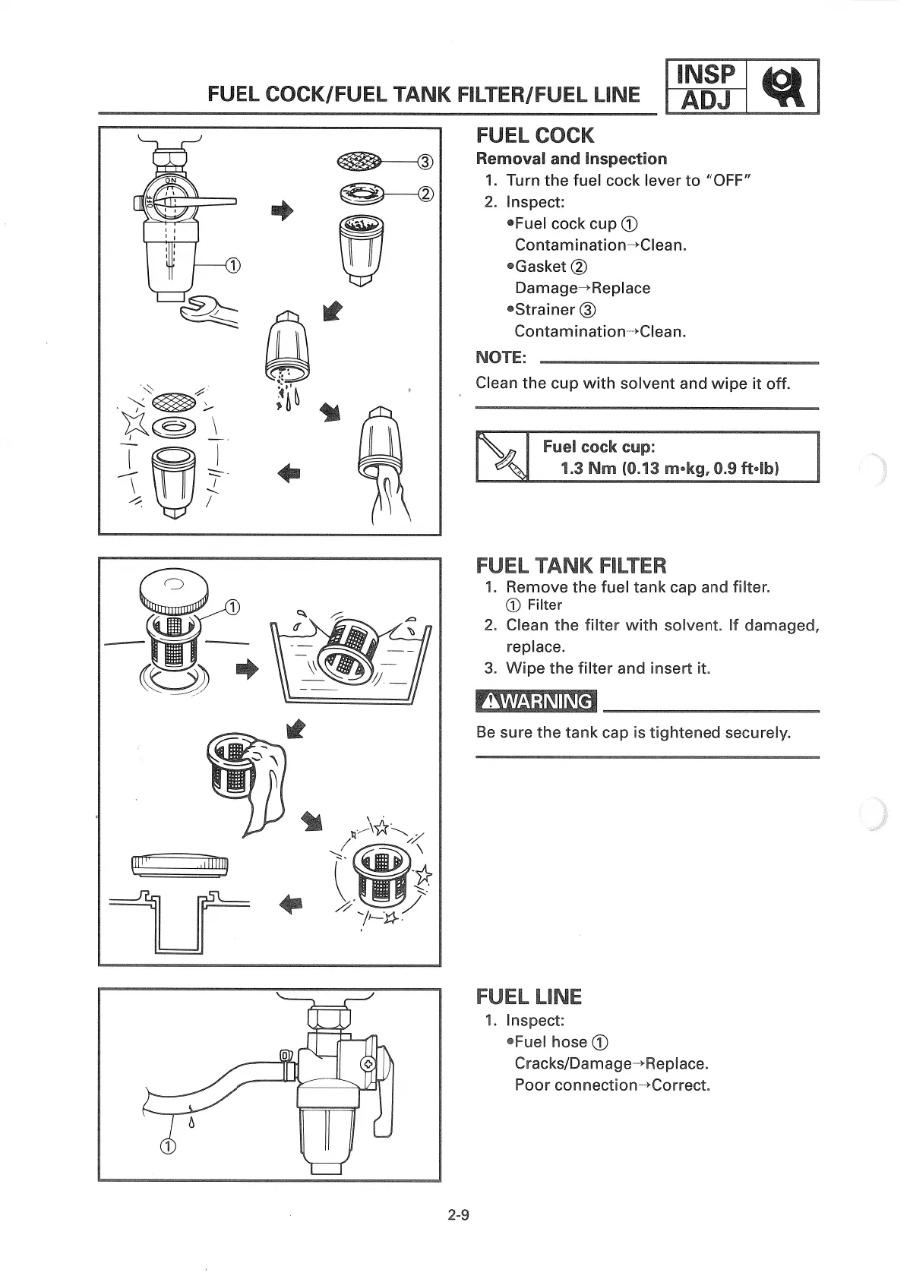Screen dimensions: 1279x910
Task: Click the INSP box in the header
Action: pos(706,74)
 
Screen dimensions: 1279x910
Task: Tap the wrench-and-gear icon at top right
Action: pos(782,86)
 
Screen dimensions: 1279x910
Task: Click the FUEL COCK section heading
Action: pos(535,135)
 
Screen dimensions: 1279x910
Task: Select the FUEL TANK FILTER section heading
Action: pos(570,565)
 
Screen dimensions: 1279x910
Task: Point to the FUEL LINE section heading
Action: pos(529,996)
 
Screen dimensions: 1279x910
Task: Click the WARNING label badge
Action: pos(536,700)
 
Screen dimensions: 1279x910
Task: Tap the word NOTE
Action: pos(501,357)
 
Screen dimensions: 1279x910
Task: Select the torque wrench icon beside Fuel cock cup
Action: pos(502,456)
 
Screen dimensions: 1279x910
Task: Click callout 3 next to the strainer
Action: pos(425,161)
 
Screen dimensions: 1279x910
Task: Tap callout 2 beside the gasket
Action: pos(425,194)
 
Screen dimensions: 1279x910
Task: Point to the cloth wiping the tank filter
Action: pos(266,790)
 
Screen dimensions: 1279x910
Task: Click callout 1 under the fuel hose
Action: pos(168,1146)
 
